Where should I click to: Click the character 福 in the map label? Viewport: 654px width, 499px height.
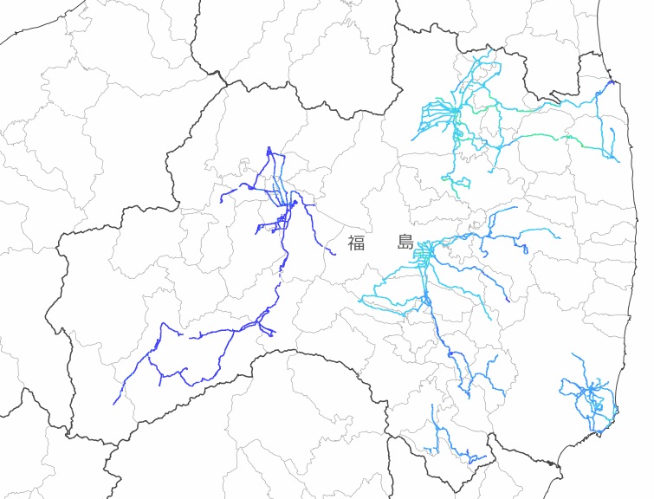click(356, 243)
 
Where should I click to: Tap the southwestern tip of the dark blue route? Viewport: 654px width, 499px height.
click(114, 404)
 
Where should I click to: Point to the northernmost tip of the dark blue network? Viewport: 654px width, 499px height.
click(269, 148)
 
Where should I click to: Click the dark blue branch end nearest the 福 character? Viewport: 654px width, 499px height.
click(334, 254)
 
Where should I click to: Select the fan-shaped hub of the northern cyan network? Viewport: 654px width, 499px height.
click(454, 112)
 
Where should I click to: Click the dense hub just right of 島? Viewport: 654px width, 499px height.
click(424, 252)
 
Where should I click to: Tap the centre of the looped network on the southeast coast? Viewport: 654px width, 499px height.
click(592, 399)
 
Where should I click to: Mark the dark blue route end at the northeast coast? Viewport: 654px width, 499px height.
click(612, 82)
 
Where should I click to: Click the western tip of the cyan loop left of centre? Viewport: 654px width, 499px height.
click(361, 299)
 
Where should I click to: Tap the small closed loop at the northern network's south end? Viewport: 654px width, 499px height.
click(463, 183)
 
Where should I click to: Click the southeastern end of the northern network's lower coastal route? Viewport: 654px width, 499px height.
click(618, 161)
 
